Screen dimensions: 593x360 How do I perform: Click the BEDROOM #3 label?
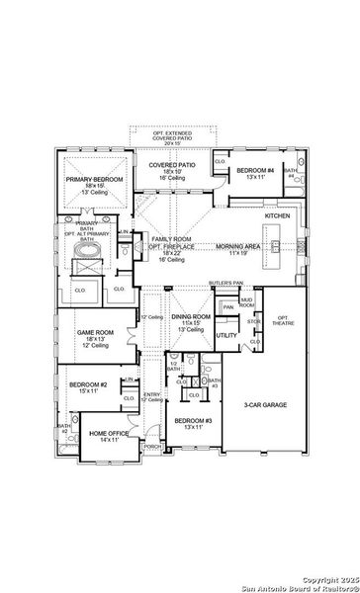coord(194,421)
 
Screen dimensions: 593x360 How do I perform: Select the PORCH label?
coord(152,446)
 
